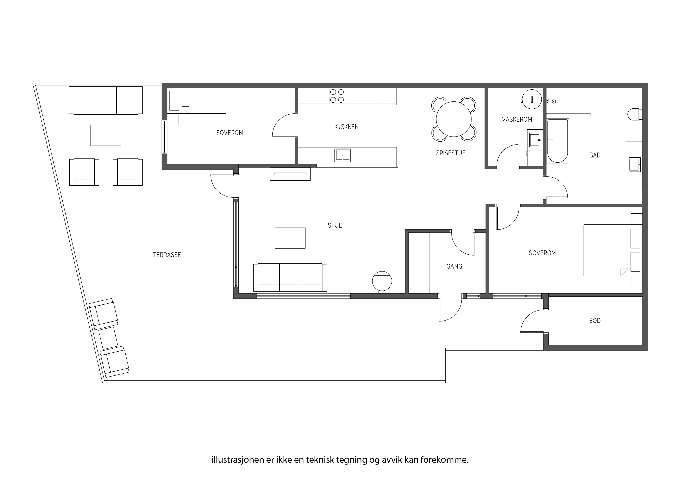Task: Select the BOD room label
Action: point(595,321)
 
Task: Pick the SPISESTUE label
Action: point(451,153)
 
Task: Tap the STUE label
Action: point(335,226)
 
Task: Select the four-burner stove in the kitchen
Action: point(337,96)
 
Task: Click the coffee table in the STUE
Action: point(290,238)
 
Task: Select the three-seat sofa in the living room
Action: point(290,278)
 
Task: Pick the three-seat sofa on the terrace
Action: point(106,100)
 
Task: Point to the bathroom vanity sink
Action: point(635,164)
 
